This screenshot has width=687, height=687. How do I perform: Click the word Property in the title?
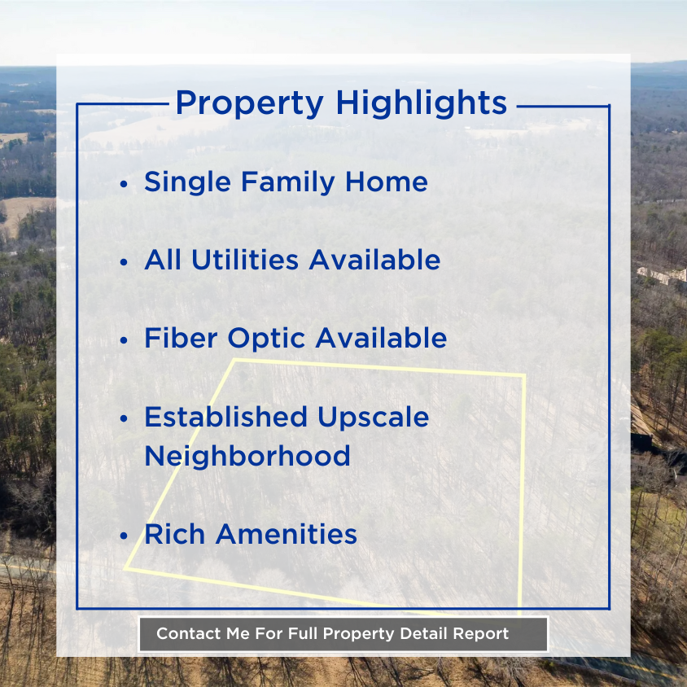click(250, 104)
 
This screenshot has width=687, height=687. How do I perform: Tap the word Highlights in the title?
click(422, 104)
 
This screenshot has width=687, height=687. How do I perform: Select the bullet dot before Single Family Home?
click(124, 184)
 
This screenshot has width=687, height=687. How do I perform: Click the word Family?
click(288, 182)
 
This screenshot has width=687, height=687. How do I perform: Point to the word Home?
click(387, 182)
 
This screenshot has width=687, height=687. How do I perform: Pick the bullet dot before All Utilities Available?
click(124, 262)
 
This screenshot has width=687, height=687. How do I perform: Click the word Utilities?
click(245, 260)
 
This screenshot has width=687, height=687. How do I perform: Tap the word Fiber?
click(181, 338)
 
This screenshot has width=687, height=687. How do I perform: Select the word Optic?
click(266, 339)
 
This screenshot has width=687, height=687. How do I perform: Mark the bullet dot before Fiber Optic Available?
click(124, 340)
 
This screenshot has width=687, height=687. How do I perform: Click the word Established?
click(226, 416)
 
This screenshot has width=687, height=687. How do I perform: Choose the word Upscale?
click(374, 417)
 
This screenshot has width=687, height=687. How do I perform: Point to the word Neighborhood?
click(247, 456)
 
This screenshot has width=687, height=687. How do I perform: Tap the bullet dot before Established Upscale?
click(124, 419)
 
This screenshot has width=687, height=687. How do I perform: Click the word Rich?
click(175, 534)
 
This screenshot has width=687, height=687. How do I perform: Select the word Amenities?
click(287, 534)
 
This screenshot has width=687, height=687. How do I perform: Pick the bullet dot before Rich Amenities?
click(124, 536)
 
